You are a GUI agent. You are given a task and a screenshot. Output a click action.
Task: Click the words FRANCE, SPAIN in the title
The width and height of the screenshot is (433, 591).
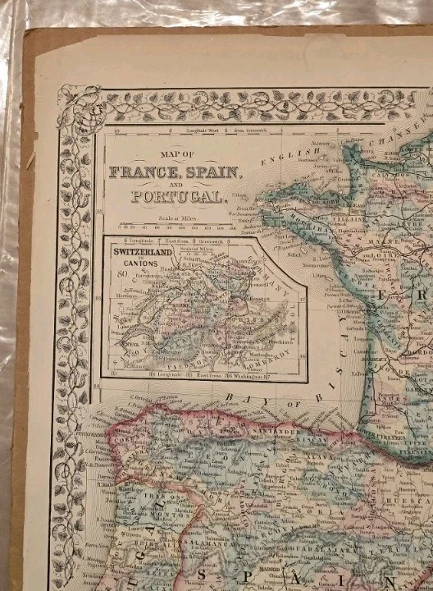(175, 173)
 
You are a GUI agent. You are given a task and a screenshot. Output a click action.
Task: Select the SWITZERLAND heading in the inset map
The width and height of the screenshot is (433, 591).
(139, 252)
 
